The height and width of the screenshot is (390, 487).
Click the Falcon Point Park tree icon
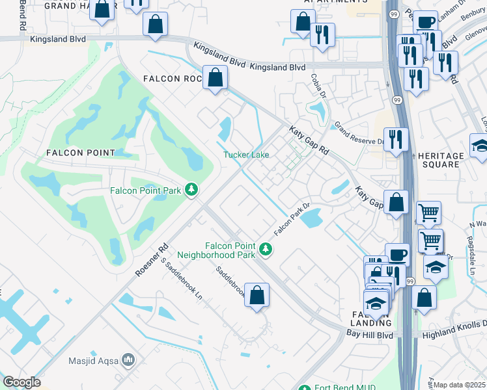(x=191, y=189)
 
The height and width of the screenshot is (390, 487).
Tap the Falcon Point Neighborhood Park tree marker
(x=265, y=248)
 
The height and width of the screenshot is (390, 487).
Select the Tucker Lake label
(x=246, y=155)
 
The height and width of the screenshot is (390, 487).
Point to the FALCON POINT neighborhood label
(x=80, y=153)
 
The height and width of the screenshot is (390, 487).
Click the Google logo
(x=21, y=382)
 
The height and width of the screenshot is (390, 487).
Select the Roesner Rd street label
(x=152, y=260)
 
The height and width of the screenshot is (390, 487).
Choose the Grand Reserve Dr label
(x=359, y=133)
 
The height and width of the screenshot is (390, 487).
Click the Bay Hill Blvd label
(x=370, y=334)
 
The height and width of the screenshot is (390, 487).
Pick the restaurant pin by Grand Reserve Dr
(x=395, y=139)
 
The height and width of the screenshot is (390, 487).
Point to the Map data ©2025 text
(x=460, y=385)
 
